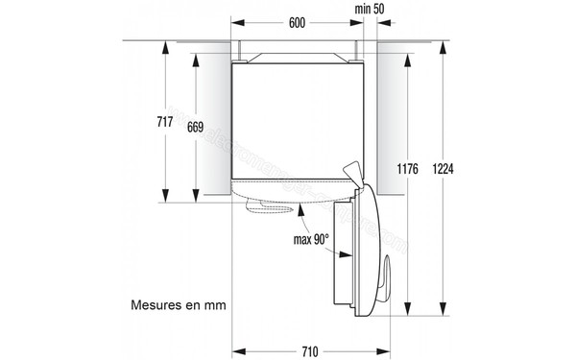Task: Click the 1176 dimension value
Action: coord(406,169)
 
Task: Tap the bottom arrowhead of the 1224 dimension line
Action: coord(441,314)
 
